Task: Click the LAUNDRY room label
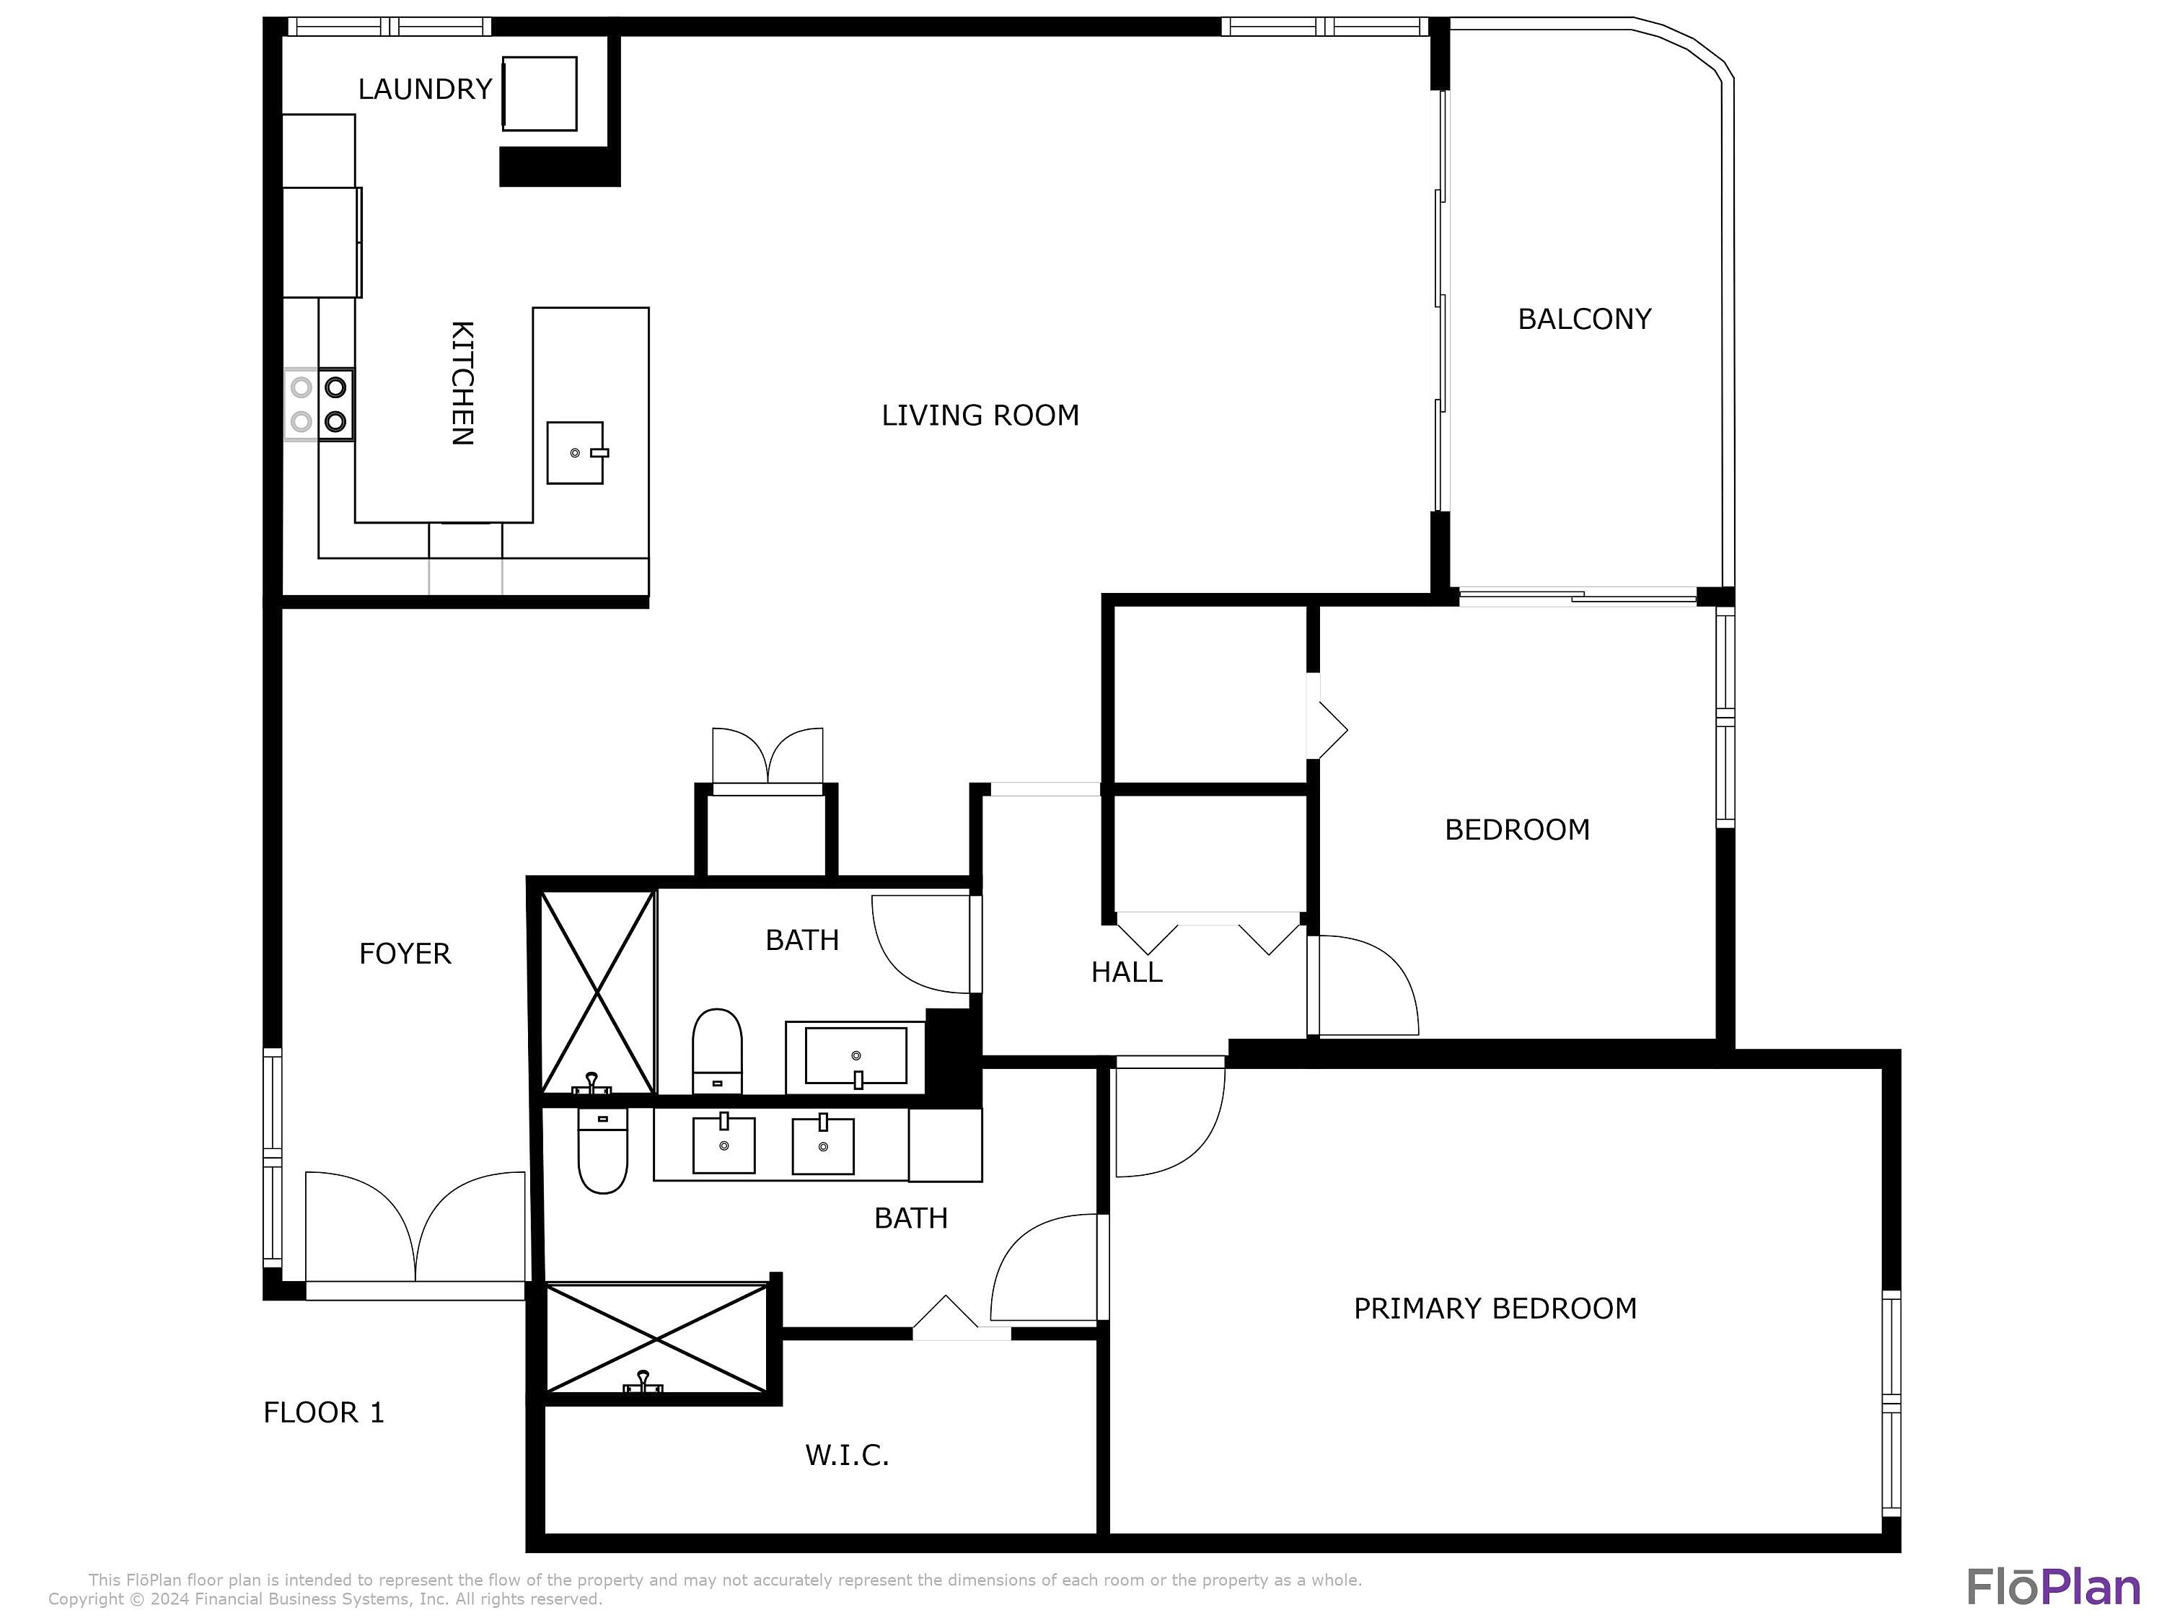425,89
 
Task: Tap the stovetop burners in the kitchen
320,404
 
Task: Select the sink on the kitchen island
575,452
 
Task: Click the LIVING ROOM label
980,415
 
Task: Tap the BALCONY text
1584,319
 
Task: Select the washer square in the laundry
539,93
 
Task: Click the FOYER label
405,954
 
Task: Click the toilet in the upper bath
717,1052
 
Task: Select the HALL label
1127,972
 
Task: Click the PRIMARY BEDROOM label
1495,1309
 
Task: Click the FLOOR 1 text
324,1412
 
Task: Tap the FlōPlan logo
2052,1587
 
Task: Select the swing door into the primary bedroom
1169,1120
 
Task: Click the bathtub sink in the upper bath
856,1055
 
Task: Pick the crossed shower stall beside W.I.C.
657,1338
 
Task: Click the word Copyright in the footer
85,1599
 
